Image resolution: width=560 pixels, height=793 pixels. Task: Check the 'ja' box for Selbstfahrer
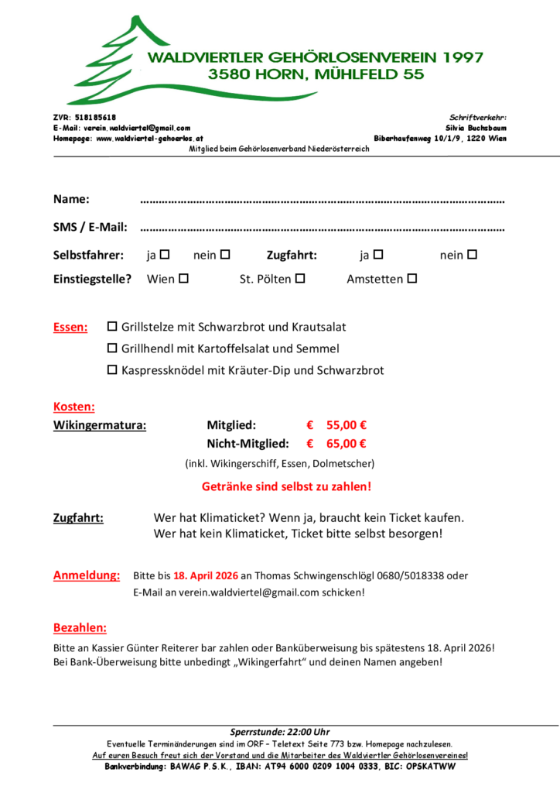click(164, 254)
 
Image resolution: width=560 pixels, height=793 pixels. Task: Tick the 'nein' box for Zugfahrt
click(472, 254)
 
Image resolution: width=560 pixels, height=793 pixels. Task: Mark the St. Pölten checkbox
click(299, 278)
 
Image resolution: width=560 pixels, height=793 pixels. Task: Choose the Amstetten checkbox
click(411, 278)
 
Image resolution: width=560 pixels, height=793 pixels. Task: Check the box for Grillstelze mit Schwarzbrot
click(111, 327)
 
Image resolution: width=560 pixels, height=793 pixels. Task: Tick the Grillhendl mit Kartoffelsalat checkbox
click(111, 348)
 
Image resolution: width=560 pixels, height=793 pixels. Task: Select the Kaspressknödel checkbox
click(111, 370)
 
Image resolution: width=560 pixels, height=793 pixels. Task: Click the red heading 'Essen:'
click(70, 328)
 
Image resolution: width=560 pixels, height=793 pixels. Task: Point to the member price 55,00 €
click(346, 424)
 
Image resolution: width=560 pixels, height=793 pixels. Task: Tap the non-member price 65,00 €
click(346, 444)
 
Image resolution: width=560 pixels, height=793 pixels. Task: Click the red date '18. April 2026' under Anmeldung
click(205, 576)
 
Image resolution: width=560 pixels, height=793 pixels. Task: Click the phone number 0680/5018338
click(424, 576)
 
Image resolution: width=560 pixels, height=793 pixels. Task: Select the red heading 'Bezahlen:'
click(80, 627)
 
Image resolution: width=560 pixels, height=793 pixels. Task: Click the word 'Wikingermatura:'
click(99, 424)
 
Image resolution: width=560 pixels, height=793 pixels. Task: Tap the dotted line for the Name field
click(322, 201)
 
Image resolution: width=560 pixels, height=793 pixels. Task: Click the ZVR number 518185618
click(94, 116)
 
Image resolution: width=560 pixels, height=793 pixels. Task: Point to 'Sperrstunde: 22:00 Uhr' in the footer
click(280, 732)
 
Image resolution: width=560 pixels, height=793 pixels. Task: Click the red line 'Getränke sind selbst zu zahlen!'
click(286, 487)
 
